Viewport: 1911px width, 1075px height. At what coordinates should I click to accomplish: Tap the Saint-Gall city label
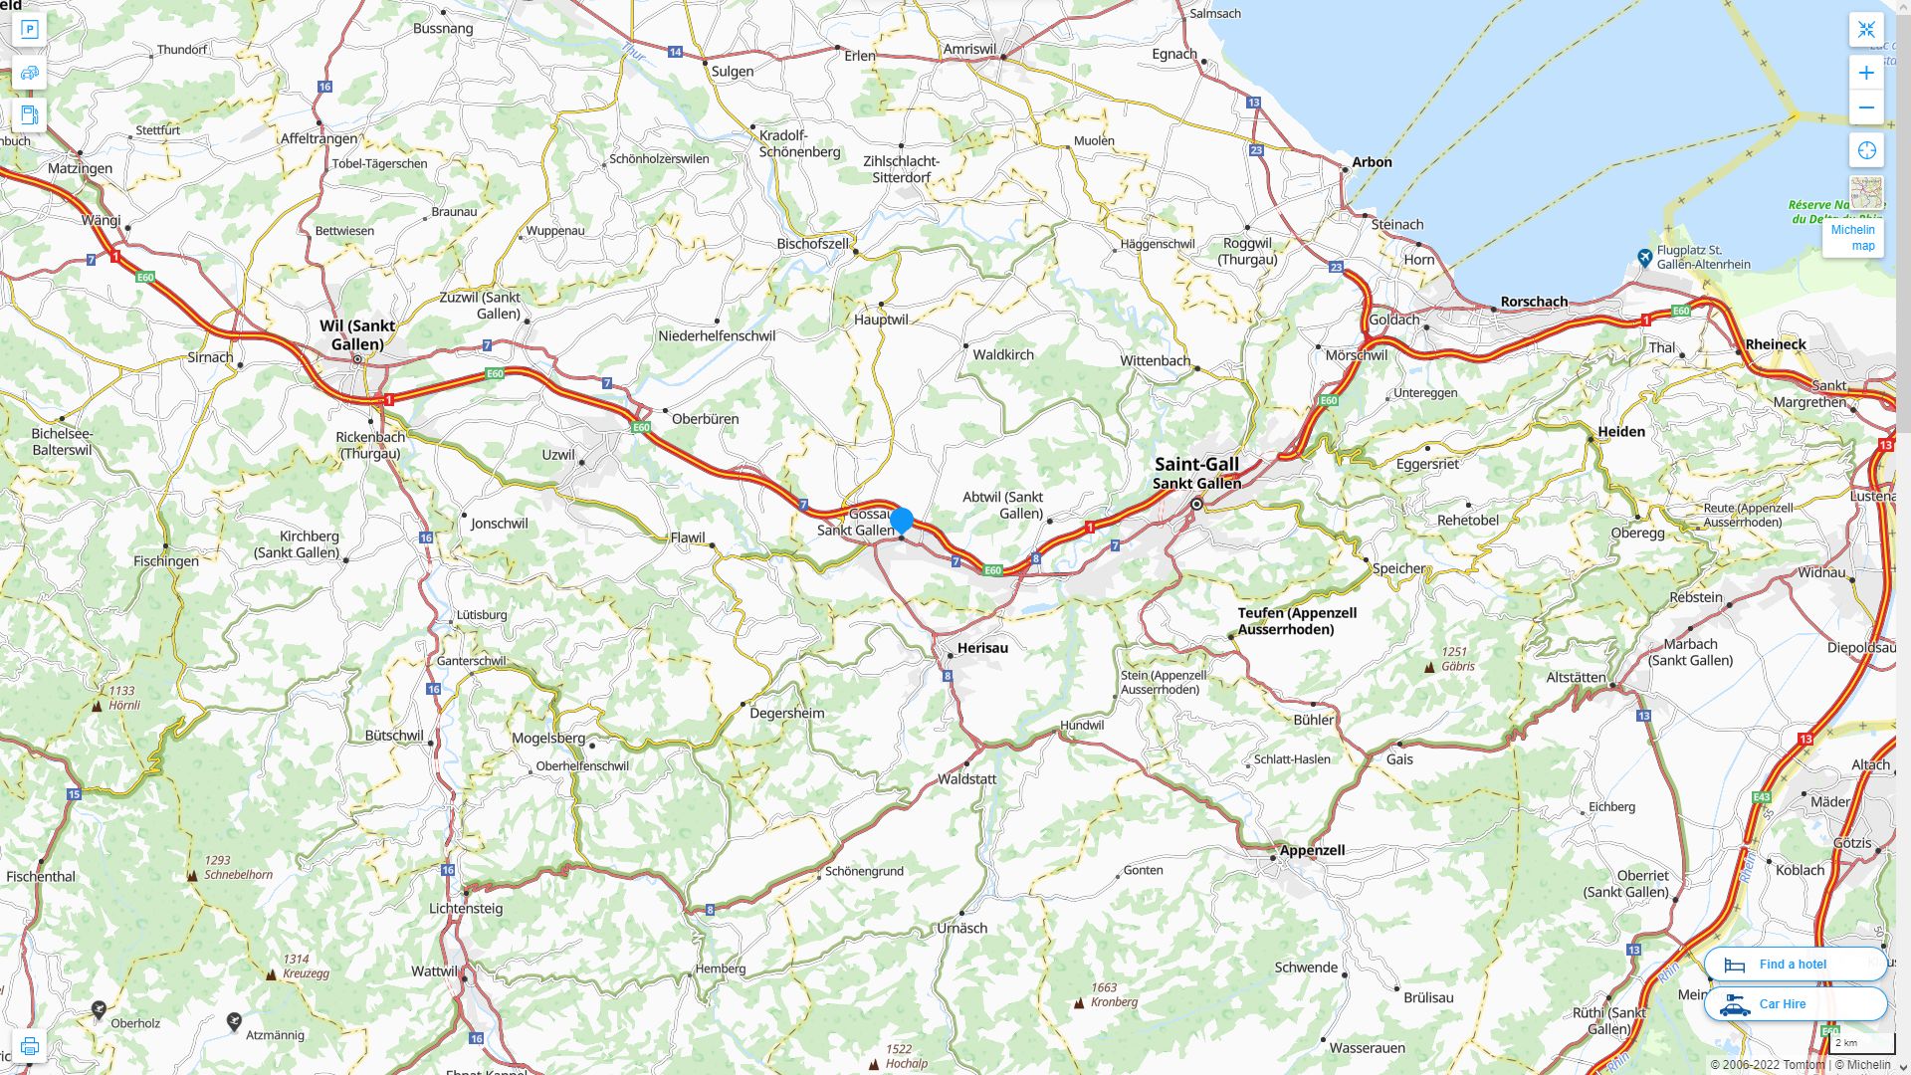(1196, 465)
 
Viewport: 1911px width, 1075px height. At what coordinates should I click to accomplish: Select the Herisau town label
(982, 648)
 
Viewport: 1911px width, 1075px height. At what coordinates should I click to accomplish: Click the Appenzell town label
(1312, 850)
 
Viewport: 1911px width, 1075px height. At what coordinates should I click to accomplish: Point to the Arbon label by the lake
(1372, 162)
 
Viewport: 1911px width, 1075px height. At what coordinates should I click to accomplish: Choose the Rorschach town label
(1534, 302)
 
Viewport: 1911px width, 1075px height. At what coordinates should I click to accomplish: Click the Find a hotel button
(1795, 964)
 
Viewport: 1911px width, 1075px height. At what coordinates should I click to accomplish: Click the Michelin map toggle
(1853, 237)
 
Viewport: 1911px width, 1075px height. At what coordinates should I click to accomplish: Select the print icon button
(29, 1046)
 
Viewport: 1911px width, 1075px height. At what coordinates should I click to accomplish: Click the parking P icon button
(29, 30)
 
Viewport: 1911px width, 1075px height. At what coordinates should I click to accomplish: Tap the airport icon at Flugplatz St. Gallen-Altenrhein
(1644, 258)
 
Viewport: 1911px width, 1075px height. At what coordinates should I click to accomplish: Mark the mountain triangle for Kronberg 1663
(1079, 1003)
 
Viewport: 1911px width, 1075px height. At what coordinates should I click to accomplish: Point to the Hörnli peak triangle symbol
(97, 706)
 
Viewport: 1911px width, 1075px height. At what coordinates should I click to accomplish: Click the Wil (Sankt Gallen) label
(357, 334)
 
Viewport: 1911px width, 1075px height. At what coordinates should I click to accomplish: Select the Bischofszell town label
(813, 244)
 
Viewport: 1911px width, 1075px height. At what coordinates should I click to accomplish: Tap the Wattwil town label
(435, 971)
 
